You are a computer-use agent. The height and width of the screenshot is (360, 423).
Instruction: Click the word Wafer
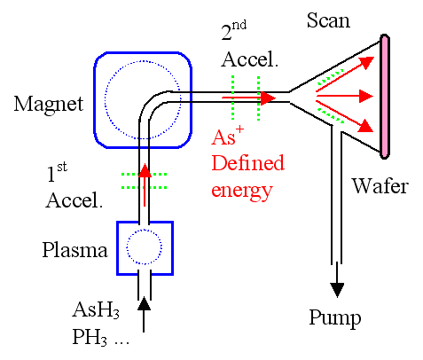point(380,186)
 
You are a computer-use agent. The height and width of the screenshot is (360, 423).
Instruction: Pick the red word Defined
point(247,163)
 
